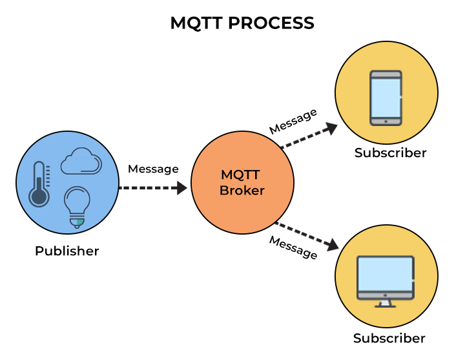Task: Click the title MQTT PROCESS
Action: (x=242, y=23)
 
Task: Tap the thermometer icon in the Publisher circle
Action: (x=40, y=184)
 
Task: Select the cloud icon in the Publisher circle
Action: (x=81, y=162)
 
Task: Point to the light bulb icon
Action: (x=76, y=206)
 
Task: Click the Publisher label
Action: (x=67, y=251)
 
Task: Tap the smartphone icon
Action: (x=386, y=98)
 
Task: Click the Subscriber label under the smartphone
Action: (x=390, y=153)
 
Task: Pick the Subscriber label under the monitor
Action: (x=389, y=338)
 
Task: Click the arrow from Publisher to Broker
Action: (x=153, y=188)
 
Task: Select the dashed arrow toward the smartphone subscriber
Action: (x=309, y=136)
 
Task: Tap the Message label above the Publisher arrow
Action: (x=153, y=169)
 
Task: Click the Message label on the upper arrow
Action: (x=293, y=121)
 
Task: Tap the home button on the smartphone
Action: (x=386, y=121)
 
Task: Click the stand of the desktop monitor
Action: (x=386, y=302)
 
